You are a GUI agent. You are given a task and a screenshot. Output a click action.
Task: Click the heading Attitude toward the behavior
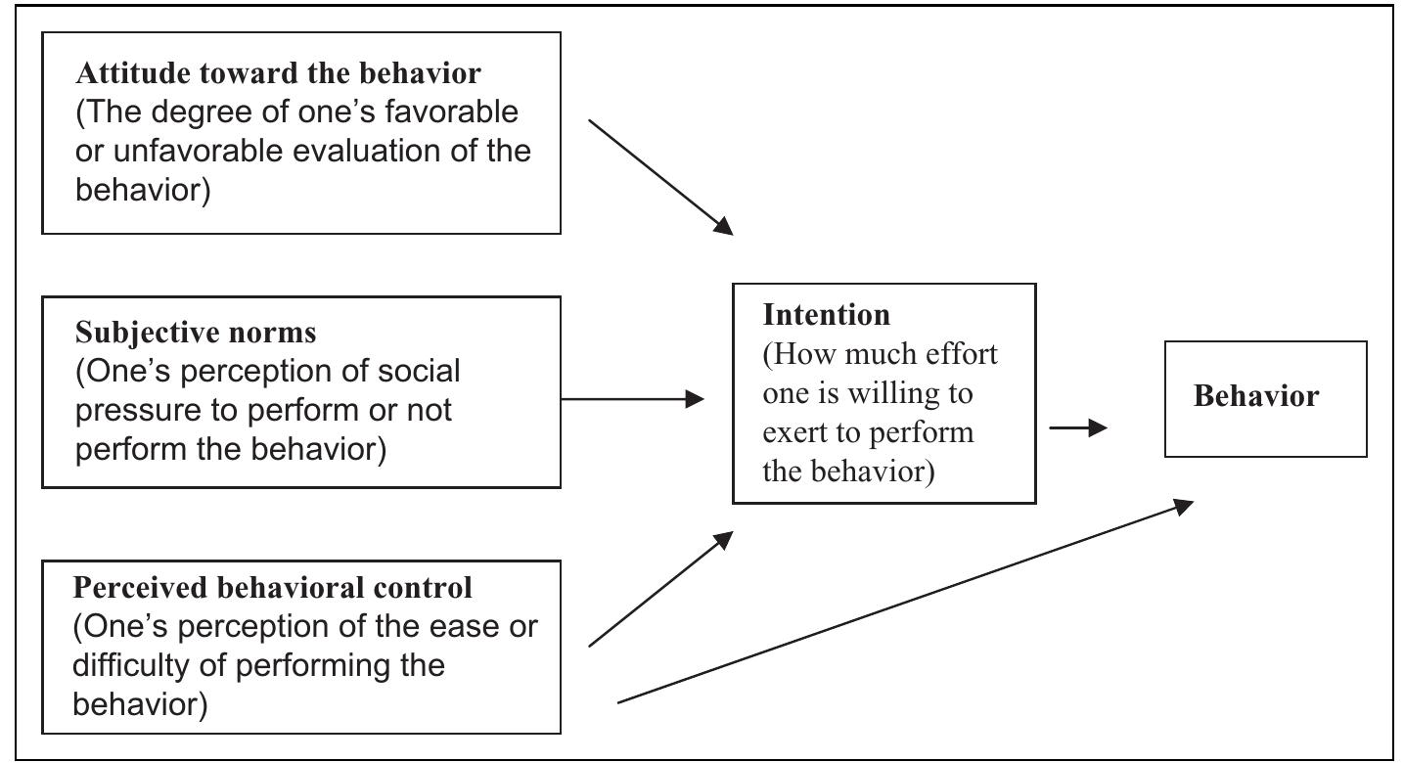278,73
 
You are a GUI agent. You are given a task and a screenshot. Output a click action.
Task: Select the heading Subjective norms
196,333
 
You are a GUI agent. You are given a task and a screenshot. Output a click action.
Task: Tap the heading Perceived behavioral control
273,588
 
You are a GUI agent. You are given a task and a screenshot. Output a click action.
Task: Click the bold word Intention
827,315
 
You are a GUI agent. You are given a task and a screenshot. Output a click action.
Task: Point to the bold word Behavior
1256,396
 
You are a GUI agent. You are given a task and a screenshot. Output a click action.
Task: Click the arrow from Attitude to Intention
660,177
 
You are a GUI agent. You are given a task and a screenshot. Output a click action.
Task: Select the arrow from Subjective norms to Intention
633,399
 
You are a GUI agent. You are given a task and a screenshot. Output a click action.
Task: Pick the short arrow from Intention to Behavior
1078,427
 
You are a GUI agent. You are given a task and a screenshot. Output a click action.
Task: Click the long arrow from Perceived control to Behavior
905,602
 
